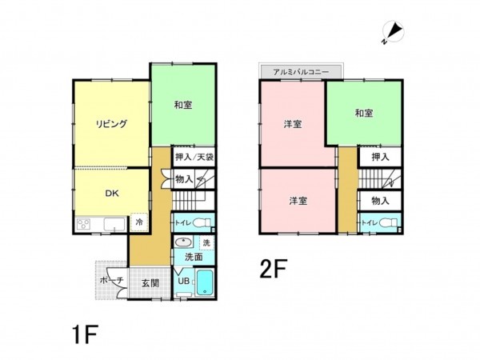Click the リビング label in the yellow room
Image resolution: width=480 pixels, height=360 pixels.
point(111,123)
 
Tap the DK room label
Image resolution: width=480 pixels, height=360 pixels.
point(111,192)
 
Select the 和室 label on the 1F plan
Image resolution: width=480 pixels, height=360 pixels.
point(182,104)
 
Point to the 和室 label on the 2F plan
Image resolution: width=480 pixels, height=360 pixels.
point(364,113)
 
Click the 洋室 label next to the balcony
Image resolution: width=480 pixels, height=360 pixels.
point(292,125)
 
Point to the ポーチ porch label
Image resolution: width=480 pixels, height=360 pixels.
point(110,280)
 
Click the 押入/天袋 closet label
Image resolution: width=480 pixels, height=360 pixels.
point(194,158)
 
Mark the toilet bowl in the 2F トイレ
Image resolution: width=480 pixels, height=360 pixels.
point(390,222)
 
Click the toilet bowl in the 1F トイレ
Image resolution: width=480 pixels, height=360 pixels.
point(203,222)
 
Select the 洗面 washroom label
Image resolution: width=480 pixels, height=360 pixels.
point(194,257)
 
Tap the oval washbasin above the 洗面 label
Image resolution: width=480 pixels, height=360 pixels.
point(184,242)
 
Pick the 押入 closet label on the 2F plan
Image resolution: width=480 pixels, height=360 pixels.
point(379,157)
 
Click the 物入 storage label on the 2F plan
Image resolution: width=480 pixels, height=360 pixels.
point(379,200)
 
